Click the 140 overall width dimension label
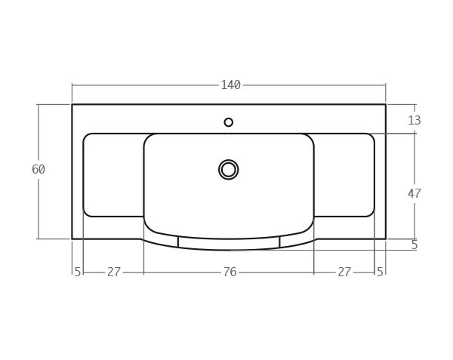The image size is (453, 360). pos(230,85)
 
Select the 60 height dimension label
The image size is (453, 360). pos(39,170)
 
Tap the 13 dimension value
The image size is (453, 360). pos(414,121)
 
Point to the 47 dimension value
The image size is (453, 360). pos(414,194)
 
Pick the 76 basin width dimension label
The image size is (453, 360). pos(230,272)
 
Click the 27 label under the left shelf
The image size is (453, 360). pos(113,272)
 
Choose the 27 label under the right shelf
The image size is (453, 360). pos(344,272)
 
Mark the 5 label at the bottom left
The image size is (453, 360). pos(78,272)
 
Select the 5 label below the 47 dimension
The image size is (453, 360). pos(414,245)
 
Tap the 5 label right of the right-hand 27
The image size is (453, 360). pos(380,272)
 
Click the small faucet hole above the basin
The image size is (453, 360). pos(229,122)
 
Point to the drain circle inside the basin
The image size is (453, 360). pos(229,170)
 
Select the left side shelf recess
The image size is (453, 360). pos(113,175)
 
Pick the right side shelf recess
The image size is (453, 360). pos(344,175)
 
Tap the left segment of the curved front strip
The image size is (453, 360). pos(161,240)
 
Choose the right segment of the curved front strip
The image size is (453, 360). pos(297,240)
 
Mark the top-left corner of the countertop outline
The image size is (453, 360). pos(72,105)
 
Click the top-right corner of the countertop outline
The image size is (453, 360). pos(386,105)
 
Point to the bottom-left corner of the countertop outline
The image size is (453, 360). pos(72,238)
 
